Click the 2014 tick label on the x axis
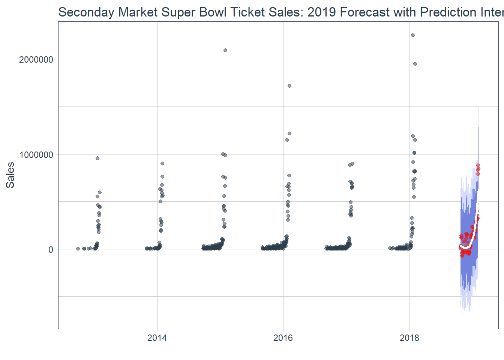tap(157, 338)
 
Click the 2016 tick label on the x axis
tap(283, 338)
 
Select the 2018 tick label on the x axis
tap(409, 338)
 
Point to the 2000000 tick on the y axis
tap(36, 60)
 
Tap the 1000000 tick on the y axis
tap(36, 154)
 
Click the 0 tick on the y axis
tap(51, 250)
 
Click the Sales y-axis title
tap(10, 175)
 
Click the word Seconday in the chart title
tap(86, 12)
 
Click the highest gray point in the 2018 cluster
tap(412, 35)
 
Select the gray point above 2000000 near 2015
tap(225, 50)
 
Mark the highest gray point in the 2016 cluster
tap(289, 86)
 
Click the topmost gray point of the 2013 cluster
tap(97, 158)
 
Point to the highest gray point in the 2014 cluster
tap(162, 163)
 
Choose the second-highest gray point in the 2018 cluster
tap(415, 64)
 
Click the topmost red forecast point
tap(478, 165)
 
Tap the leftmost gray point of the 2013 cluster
tap(78, 249)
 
